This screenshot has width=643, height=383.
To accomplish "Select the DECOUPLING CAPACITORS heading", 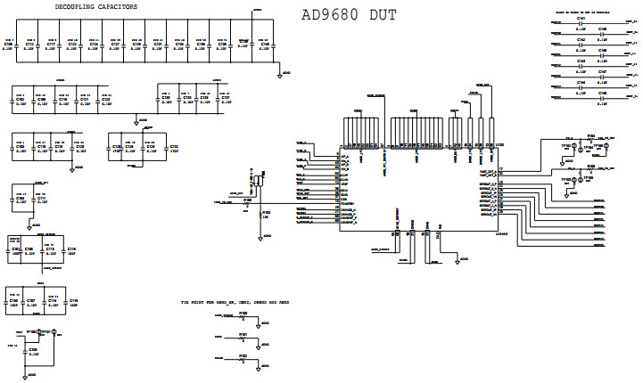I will click(x=96, y=7).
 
